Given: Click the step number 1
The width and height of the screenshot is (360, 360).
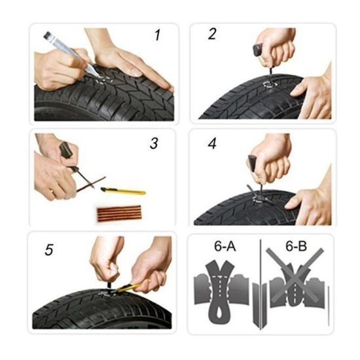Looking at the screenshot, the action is tap(157, 35).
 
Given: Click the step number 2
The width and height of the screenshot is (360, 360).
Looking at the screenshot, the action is tap(212, 34).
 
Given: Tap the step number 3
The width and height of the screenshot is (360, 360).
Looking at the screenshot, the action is tap(154, 143).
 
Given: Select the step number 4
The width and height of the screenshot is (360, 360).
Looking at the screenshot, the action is tap(212, 144).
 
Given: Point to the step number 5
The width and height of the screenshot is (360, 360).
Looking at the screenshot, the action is tap(49, 249).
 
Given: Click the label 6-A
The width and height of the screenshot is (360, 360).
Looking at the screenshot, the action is tap(225, 246).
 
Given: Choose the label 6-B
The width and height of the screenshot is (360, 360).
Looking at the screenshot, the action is tap(296, 246).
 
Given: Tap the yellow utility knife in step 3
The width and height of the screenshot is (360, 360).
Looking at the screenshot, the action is tap(123, 190).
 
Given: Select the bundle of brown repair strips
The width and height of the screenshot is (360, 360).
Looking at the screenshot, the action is tap(118, 213).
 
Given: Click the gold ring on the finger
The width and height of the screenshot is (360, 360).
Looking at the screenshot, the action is tap(52, 191).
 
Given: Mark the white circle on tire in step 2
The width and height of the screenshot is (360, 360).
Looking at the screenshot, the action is tap(270, 84).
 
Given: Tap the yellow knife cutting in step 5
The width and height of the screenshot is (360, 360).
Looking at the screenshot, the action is tap(128, 287).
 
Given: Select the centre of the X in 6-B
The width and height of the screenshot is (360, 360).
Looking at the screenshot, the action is tap(295, 276).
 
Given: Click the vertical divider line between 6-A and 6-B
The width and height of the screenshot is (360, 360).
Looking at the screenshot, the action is tap(261, 284).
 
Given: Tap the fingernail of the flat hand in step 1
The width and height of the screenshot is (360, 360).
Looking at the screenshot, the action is tap(136, 73).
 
